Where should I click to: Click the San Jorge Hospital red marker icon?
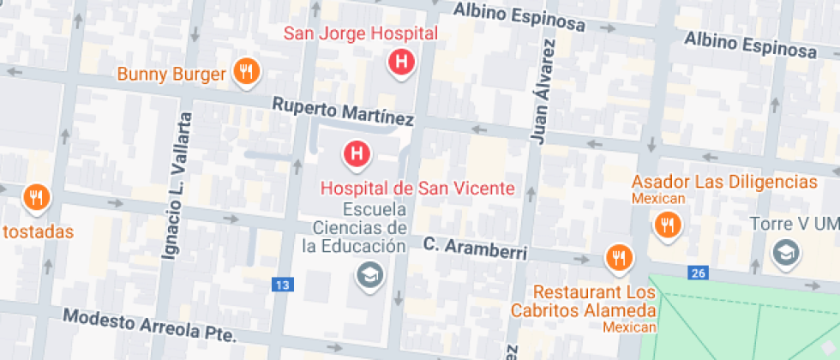pyautogui.click(x=399, y=62)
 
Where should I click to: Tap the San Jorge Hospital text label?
pyautogui.click(x=361, y=34)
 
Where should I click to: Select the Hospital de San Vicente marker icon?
pyautogui.click(x=357, y=154)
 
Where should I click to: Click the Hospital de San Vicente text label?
pyautogui.click(x=417, y=188)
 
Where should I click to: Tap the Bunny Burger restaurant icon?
pyautogui.click(x=246, y=72)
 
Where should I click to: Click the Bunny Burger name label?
pyautogui.click(x=171, y=74)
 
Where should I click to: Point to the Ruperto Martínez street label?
pyautogui.click(x=343, y=111)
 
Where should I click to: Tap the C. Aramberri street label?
pyautogui.click(x=474, y=249)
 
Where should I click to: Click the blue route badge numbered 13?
pyautogui.click(x=281, y=284)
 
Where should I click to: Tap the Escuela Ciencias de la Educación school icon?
pyautogui.click(x=371, y=275)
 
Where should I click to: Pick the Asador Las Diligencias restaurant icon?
pyautogui.click(x=666, y=225)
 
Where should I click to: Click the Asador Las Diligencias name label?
pyautogui.click(x=724, y=182)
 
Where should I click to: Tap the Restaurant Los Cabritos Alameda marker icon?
pyautogui.click(x=617, y=256)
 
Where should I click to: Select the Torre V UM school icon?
pyautogui.click(x=784, y=252)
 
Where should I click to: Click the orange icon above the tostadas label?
pyautogui.click(x=35, y=199)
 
